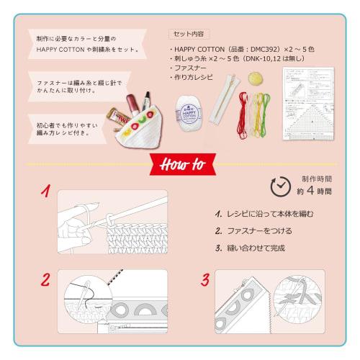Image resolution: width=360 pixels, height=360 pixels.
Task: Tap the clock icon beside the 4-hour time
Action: coord(281,186)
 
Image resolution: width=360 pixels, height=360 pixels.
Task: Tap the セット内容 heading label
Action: coord(189,34)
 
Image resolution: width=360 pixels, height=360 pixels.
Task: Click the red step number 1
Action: coord(45,193)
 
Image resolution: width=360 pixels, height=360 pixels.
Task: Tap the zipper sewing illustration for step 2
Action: coord(115,302)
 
